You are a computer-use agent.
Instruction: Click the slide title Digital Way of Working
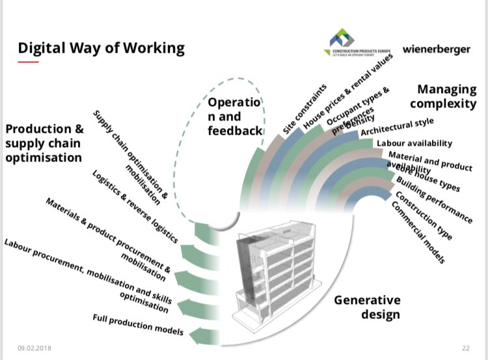click(x=101, y=48)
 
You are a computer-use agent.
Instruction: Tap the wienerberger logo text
click(x=436, y=49)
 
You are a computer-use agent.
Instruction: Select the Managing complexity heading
click(x=446, y=96)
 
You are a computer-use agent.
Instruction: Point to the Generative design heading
click(x=367, y=307)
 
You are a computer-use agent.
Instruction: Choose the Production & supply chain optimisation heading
click(x=44, y=143)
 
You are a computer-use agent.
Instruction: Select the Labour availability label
click(x=414, y=143)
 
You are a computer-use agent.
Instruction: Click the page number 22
click(x=466, y=348)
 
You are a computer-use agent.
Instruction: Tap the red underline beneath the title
click(x=29, y=62)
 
